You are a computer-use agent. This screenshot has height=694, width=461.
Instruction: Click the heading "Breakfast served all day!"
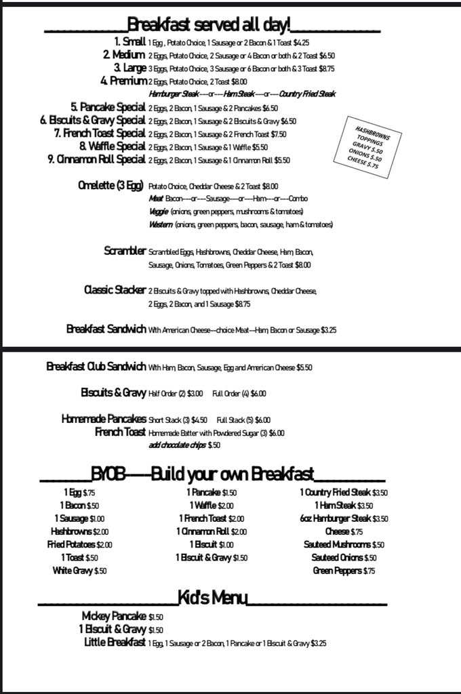(209, 26)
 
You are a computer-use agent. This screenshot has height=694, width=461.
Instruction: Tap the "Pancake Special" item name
(108, 107)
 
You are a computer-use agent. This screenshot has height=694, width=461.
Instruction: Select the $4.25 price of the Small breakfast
(302, 43)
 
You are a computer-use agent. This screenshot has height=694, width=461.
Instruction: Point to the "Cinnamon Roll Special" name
(97, 160)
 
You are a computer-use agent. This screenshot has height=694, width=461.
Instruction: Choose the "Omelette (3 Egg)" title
(110, 186)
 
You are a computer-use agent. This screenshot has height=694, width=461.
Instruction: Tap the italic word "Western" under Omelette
(160, 224)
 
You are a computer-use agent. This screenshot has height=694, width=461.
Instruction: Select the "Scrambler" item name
(125, 251)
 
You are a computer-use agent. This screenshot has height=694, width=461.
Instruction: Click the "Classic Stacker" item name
(115, 290)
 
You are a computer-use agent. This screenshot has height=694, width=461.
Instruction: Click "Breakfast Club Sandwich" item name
(96, 367)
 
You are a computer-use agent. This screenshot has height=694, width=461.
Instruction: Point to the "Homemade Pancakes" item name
(104, 419)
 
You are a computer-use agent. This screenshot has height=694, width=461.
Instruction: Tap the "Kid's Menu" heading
(212, 597)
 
